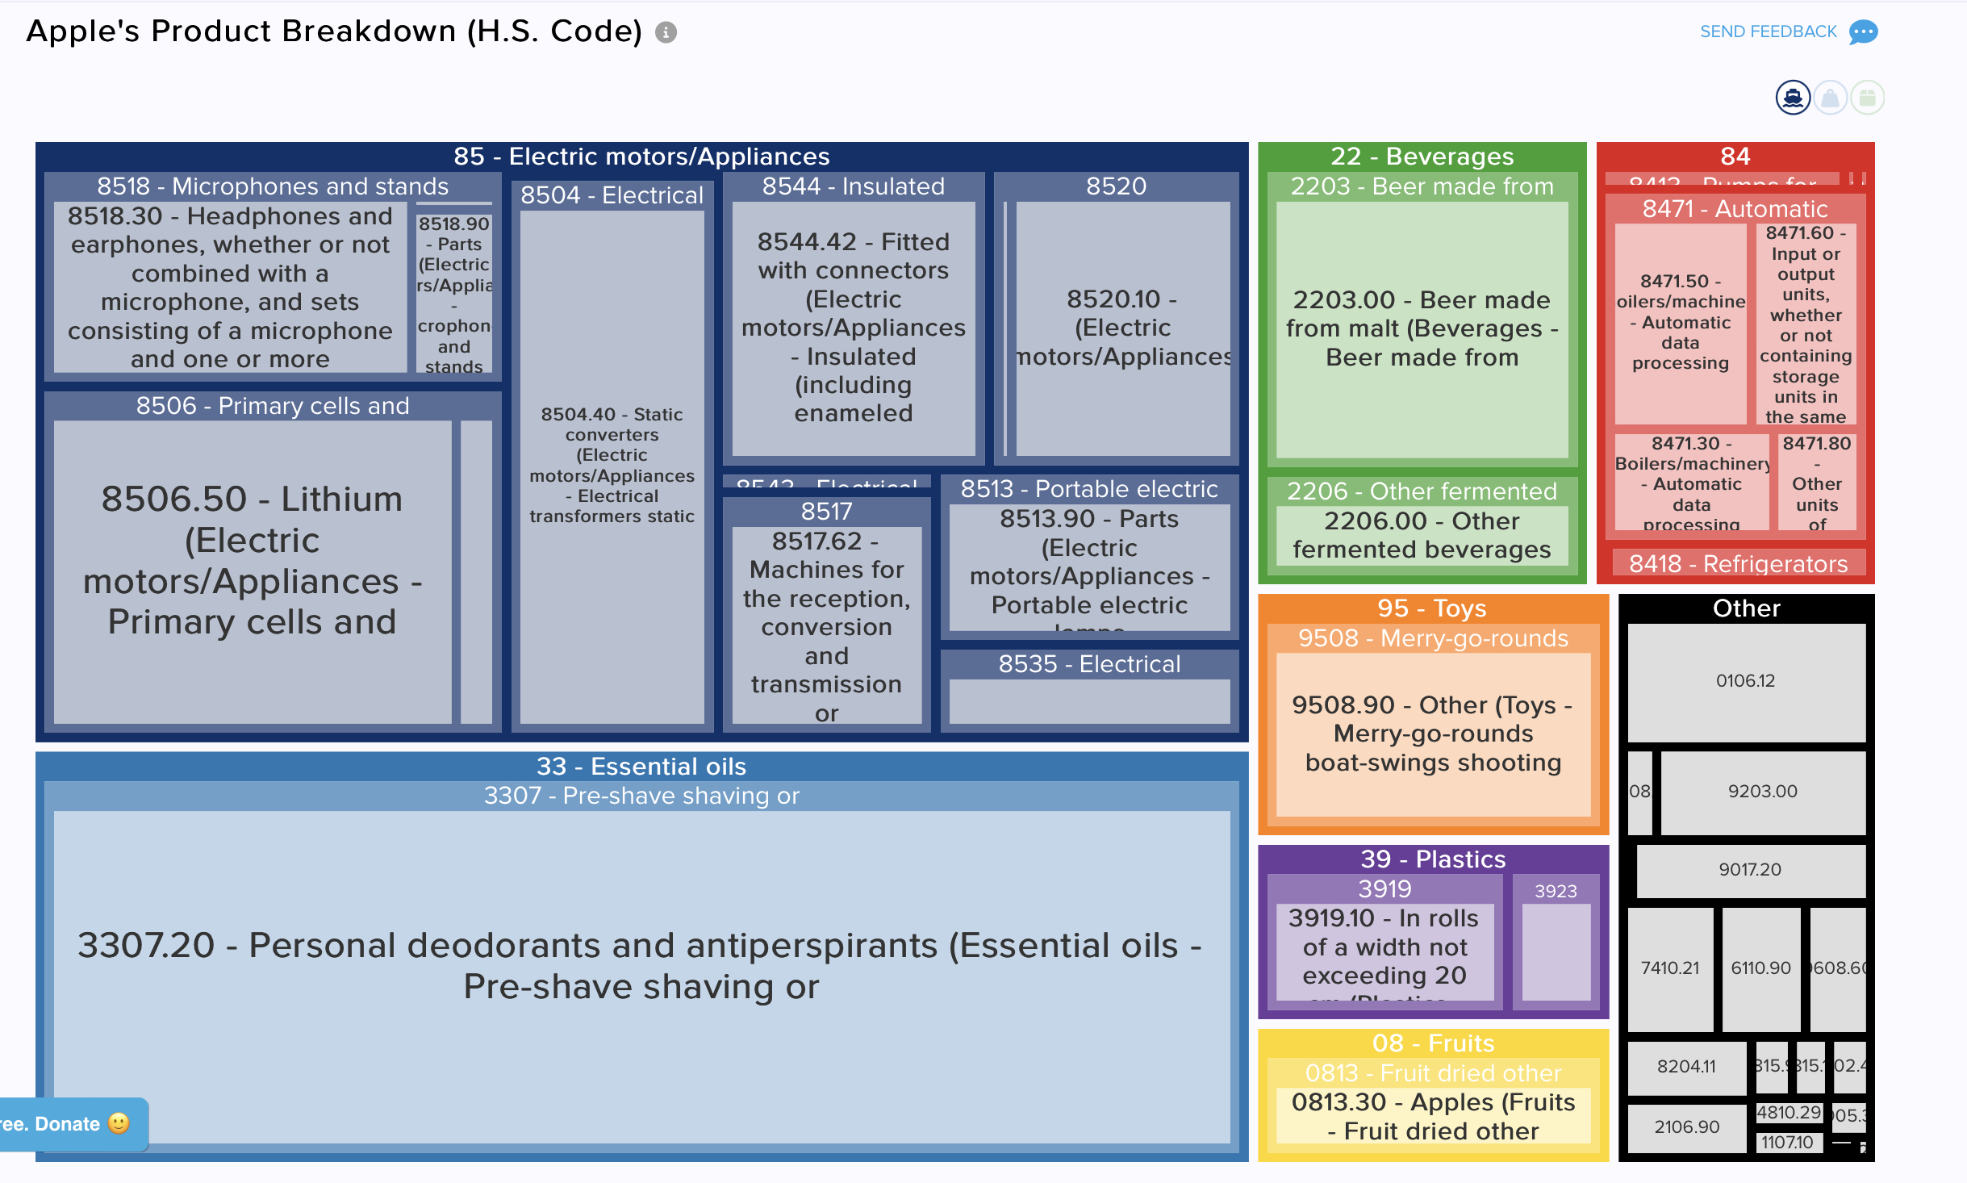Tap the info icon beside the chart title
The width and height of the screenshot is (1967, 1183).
pyautogui.click(x=666, y=32)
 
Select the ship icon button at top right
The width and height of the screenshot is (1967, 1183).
pyautogui.click(x=1793, y=98)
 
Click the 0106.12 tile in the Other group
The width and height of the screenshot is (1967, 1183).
pyautogui.click(x=1746, y=681)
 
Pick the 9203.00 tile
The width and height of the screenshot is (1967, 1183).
pyautogui.click(x=1762, y=792)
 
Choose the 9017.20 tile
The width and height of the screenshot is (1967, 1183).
pyautogui.click(x=1749, y=870)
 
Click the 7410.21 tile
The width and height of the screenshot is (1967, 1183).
pyautogui.click(x=1669, y=968)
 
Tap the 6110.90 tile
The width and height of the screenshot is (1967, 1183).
pyautogui.click(x=1760, y=968)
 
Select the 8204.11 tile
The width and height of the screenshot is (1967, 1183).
pyautogui.click(x=1685, y=1067)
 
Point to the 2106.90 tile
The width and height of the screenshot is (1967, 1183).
pyautogui.click(x=1686, y=1127)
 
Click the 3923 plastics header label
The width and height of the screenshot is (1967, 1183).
pyautogui.click(x=1555, y=891)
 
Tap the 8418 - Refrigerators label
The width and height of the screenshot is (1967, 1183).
pyautogui.click(x=1738, y=563)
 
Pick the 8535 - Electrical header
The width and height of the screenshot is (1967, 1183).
pyautogui.click(x=1089, y=664)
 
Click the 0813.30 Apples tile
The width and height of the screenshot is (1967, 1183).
pyautogui.click(x=1433, y=1117)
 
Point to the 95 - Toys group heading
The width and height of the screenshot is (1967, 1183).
pyautogui.click(x=1432, y=608)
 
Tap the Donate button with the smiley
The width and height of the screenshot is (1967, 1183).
pyautogui.click(x=73, y=1124)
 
